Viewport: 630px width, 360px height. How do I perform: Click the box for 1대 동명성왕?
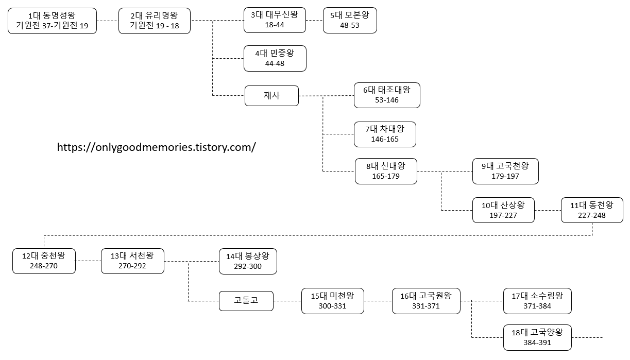[x=52, y=21]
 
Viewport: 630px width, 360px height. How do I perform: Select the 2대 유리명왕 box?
[x=154, y=21]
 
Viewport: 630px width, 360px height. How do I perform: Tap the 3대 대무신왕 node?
[x=275, y=20]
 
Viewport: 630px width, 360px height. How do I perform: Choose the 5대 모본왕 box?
[x=350, y=20]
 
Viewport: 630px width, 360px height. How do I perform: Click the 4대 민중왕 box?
[x=275, y=58]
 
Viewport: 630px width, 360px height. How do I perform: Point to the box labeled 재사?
[x=271, y=96]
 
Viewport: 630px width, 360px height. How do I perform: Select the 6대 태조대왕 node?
[x=387, y=95]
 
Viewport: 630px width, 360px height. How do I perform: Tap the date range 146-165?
[x=385, y=139]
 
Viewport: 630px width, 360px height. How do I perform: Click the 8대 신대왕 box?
[x=386, y=171]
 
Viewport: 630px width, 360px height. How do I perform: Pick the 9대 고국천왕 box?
[x=505, y=171]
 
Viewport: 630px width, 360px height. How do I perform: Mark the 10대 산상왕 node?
[x=503, y=210]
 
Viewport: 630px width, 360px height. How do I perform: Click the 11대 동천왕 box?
[x=592, y=210]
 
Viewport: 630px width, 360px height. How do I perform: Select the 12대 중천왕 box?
[x=44, y=261]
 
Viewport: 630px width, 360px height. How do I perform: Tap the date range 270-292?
[x=132, y=266]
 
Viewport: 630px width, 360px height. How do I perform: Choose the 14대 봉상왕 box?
[x=248, y=261]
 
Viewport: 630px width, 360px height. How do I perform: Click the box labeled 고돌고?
[x=246, y=301]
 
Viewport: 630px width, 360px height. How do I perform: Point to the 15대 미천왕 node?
[x=332, y=301]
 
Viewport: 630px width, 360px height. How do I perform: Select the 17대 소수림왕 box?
[x=537, y=301]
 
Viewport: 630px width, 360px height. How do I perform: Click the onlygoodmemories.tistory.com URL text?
[x=156, y=147]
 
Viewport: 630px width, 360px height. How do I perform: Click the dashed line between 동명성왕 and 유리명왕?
[x=107, y=21]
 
